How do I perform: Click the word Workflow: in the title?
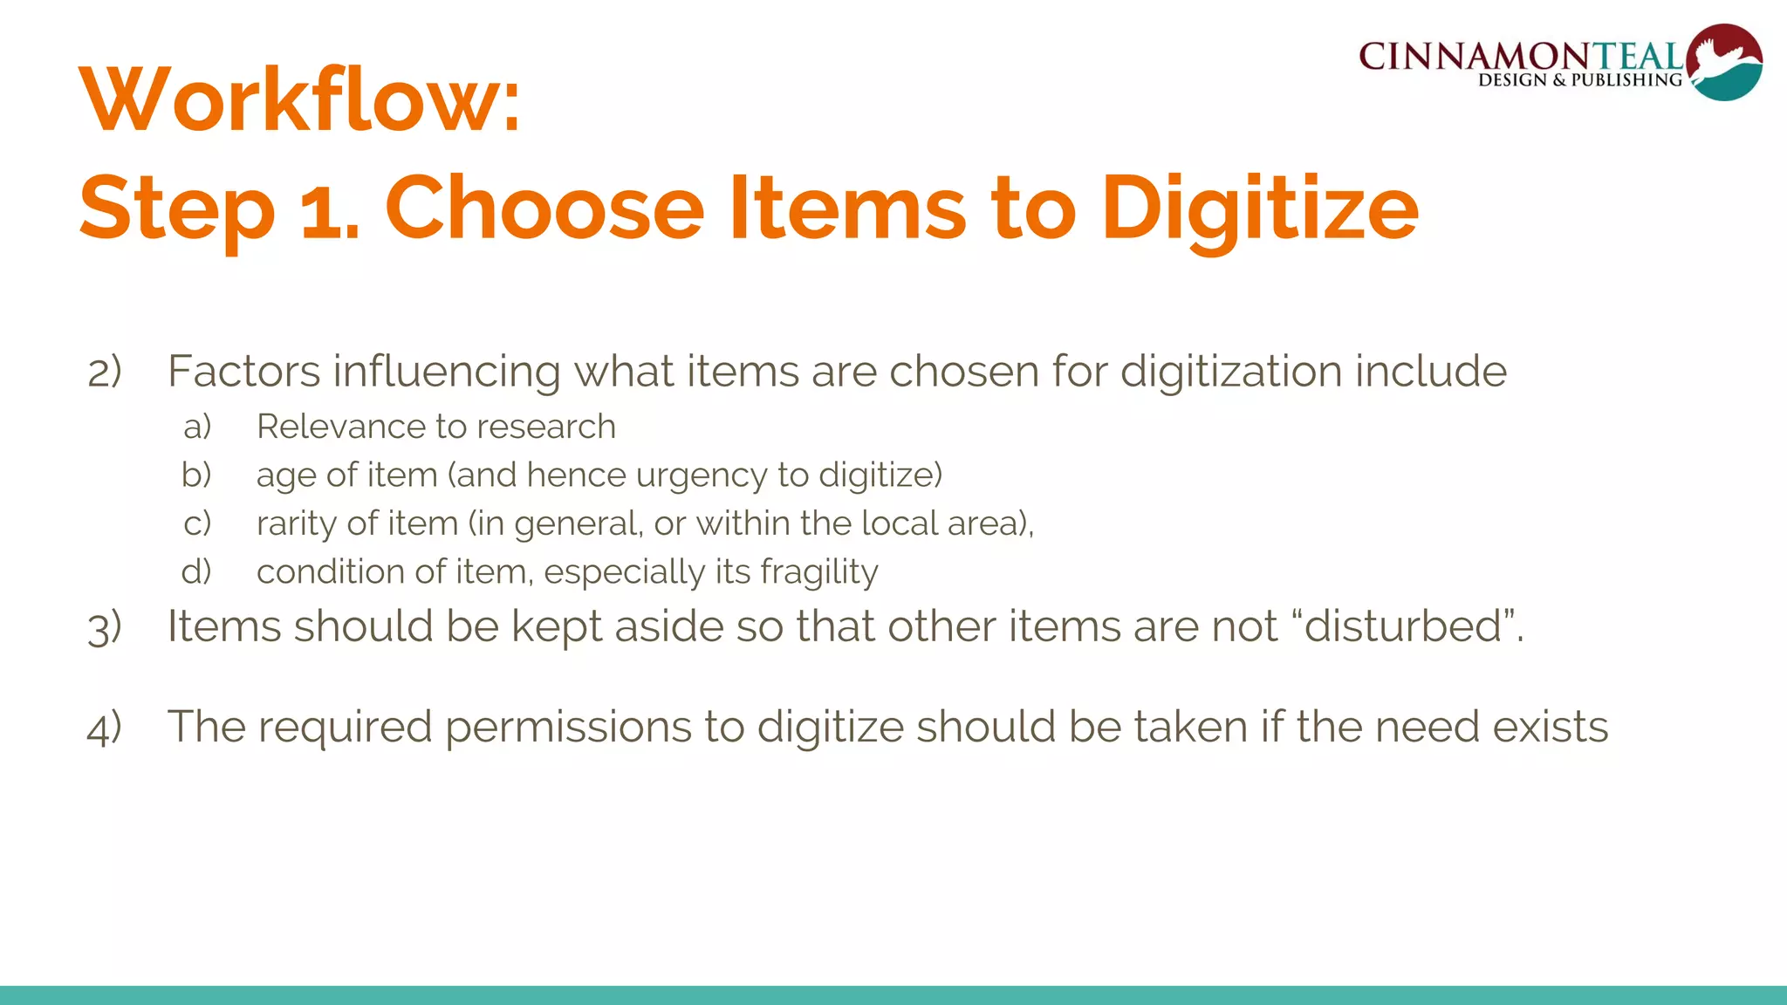[299, 101]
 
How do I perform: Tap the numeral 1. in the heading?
[330, 211]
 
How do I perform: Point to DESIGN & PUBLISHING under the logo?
[1579, 80]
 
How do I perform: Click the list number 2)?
[105, 373]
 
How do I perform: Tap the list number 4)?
[105, 728]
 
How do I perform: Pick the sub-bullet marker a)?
[198, 427]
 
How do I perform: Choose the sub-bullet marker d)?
[197, 572]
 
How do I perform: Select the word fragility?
[818, 572]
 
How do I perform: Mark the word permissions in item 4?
[568, 728]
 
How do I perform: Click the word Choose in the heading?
[544, 209]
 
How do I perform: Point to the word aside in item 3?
[668, 626]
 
